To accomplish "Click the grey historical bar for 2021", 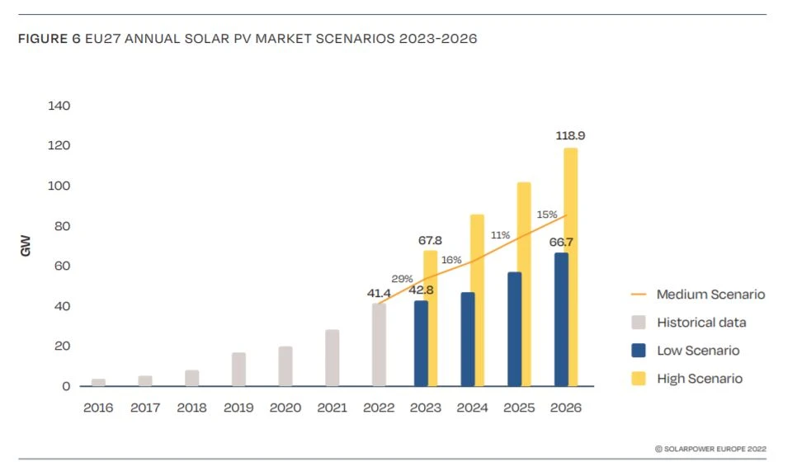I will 332,358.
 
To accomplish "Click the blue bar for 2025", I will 514,329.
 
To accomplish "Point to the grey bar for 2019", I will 238,370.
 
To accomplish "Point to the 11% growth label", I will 499,236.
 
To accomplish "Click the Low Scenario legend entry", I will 698,351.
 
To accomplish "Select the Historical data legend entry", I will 701,323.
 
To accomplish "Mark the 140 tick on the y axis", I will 59,106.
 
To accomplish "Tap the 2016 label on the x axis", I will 98,408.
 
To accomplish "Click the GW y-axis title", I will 26,246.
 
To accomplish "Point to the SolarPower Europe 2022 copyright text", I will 710,449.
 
